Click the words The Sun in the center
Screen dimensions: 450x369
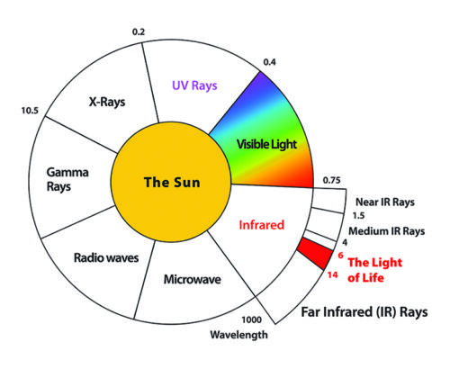(172, 182)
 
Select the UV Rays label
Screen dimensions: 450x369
(194, 85)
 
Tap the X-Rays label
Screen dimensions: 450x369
(107, 102)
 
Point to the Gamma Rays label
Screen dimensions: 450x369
(67, 179)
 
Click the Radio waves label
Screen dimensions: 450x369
(106, 257)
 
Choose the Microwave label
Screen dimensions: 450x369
(193, 279)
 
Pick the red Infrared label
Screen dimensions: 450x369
(261, 225)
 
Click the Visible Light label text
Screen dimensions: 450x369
(266, 144)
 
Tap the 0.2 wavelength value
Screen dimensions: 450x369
(139, 31)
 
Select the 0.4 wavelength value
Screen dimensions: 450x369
(269, 62)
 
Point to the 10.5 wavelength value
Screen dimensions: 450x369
(30, 111)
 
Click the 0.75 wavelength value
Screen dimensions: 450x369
(332, 180)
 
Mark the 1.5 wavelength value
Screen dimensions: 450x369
(358, 216)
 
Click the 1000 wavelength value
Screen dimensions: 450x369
(252, 320)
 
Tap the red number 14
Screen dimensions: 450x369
(332, 274)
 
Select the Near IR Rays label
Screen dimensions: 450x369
(385, 202)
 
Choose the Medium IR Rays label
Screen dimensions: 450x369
(387, 231)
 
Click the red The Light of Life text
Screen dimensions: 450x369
(374, 270)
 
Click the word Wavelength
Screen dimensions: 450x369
(238, 335)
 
